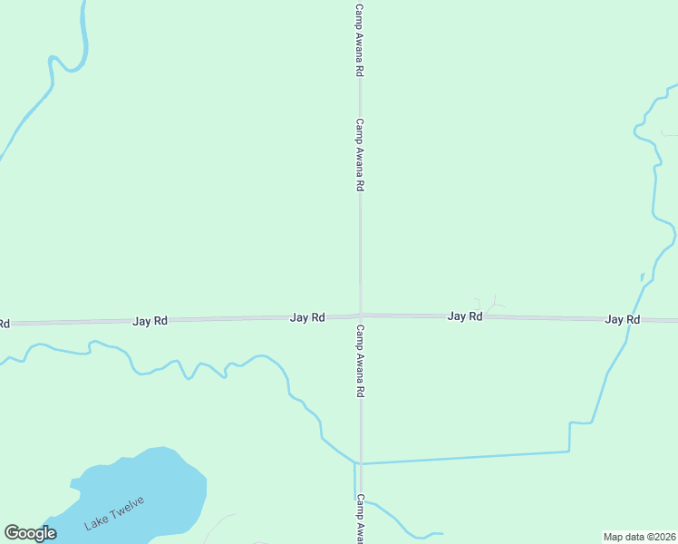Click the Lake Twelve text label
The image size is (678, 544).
click(x=114, y=513)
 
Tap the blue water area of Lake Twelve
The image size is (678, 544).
click(x=154, y=481)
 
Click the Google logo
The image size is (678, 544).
click(x=30, y=533)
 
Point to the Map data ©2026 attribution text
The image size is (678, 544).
click(x=639, y=537)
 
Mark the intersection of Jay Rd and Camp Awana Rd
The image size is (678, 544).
click(x=360, y=316)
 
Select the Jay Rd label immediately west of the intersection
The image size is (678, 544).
click(x=307, y=318)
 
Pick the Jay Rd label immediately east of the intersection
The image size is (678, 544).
click(x=464, y=316)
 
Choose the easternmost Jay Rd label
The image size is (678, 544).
click(x=623, y=320)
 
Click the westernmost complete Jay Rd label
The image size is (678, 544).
click(x=150, y=321)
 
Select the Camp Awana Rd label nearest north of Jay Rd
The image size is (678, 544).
click(x=360, y=154)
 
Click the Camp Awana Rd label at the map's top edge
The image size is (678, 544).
click(x=360, y=38)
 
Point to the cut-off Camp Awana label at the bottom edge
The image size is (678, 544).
click(x=360, y=519)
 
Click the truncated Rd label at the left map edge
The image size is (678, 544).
click(x=4, y=324)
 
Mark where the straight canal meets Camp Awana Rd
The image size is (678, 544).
click(x=361, y=463)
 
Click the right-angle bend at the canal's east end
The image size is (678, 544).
click(x=569, y=451)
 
